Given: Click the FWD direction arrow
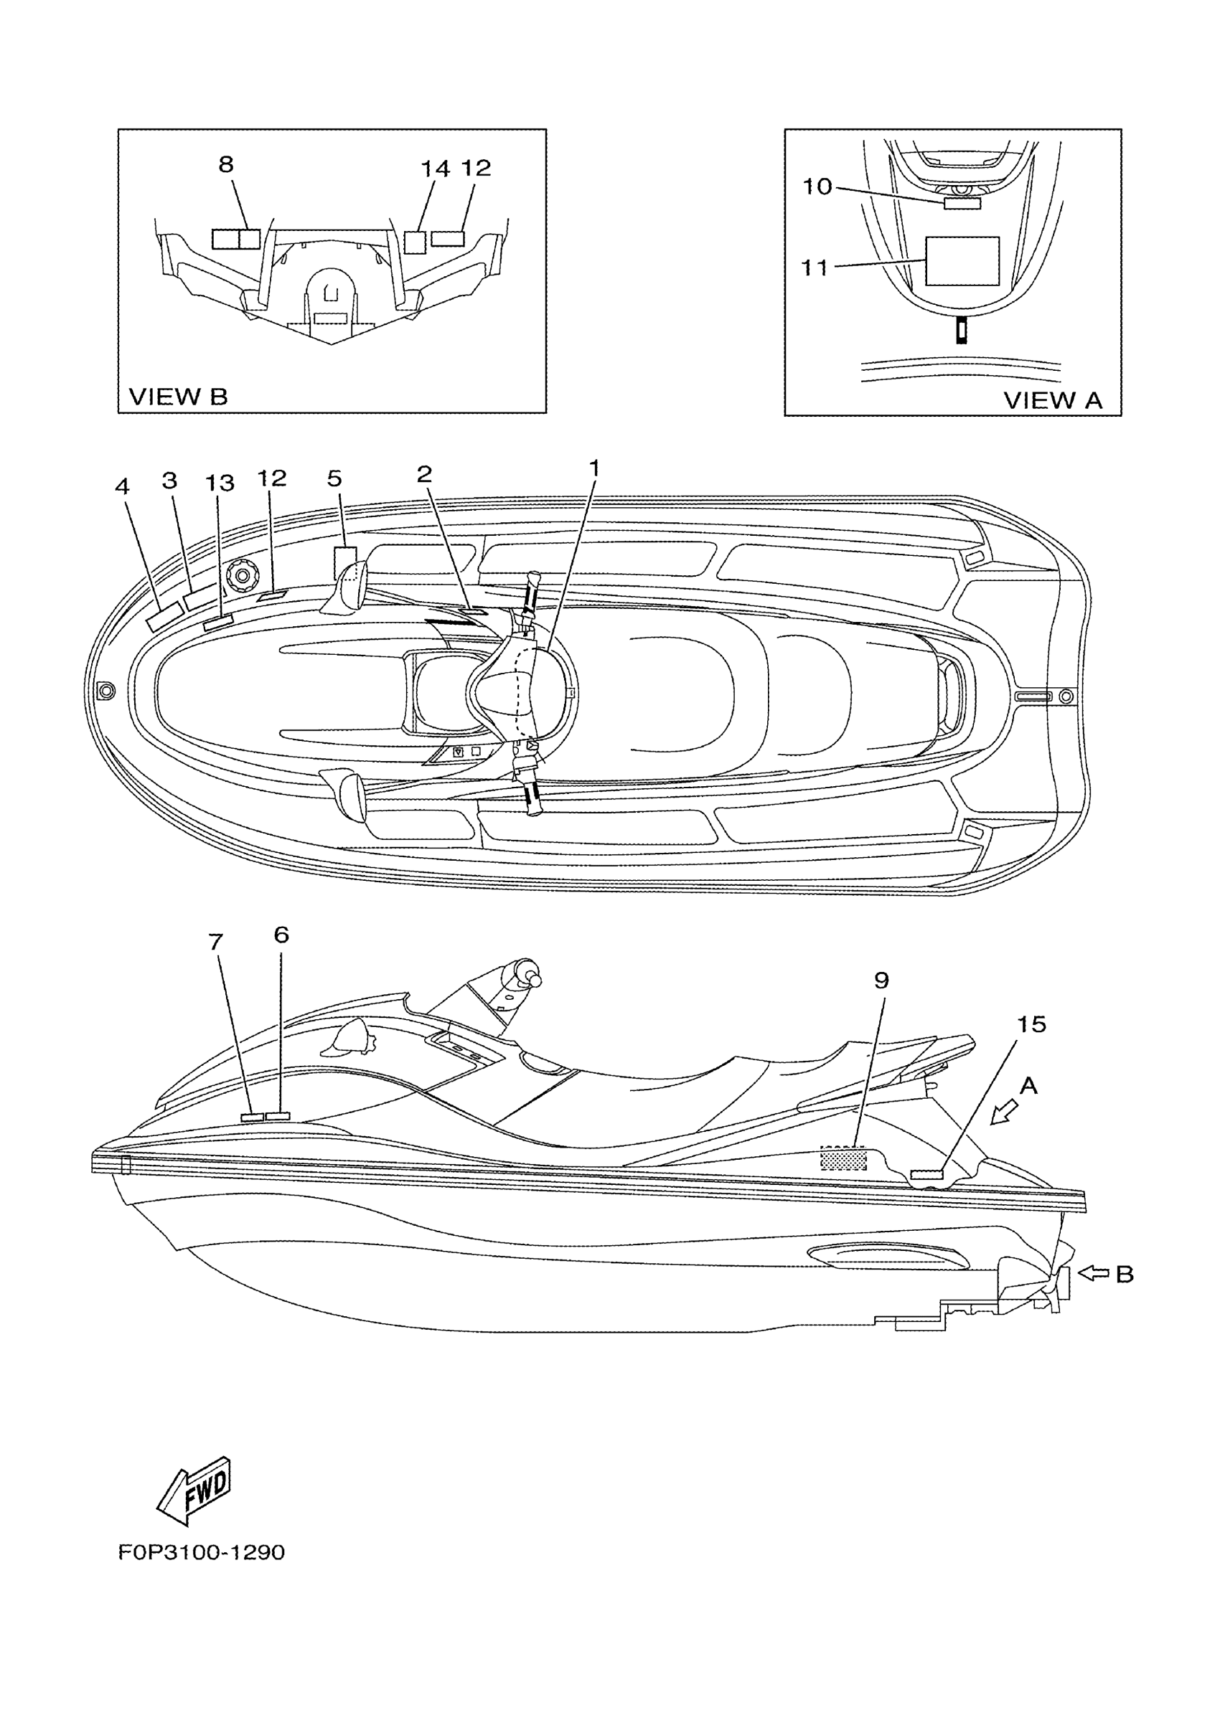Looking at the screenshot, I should point(194,1490).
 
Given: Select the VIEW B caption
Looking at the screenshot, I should point(178,397).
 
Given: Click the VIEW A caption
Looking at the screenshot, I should point(1053,400).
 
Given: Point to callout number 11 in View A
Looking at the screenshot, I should point(815,268).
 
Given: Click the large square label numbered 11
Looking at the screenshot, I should point(962,260).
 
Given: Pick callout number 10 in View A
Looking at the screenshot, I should point(817,186).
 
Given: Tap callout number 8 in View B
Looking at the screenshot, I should point(225,164).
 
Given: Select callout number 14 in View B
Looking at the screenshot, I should point(434,168).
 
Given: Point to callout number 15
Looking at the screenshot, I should point(1031,1024).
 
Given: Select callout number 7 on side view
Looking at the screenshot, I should point(215,942).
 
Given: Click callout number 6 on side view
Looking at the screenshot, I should point(281,935).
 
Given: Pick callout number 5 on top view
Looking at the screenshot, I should point(334,478).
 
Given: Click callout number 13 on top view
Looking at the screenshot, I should point(220,483).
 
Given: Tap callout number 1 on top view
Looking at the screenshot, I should point(593,468).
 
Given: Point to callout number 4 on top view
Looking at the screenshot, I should point(122,486).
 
